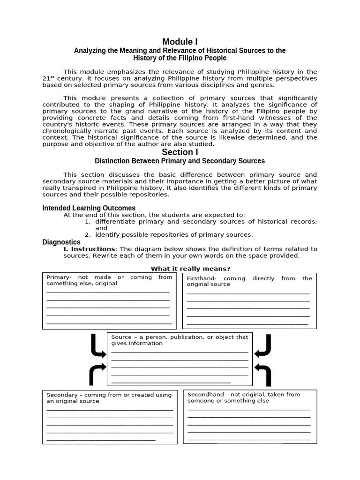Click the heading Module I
[x=180, y=42]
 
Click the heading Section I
[x=180, y=152]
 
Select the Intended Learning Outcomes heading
[x=89, y=208]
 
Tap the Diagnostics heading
[x=61, y=242]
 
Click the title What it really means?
[x=190, y=269]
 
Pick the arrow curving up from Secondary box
[x=97, y=374]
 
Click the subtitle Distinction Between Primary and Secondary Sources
[x=180, y=161]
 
